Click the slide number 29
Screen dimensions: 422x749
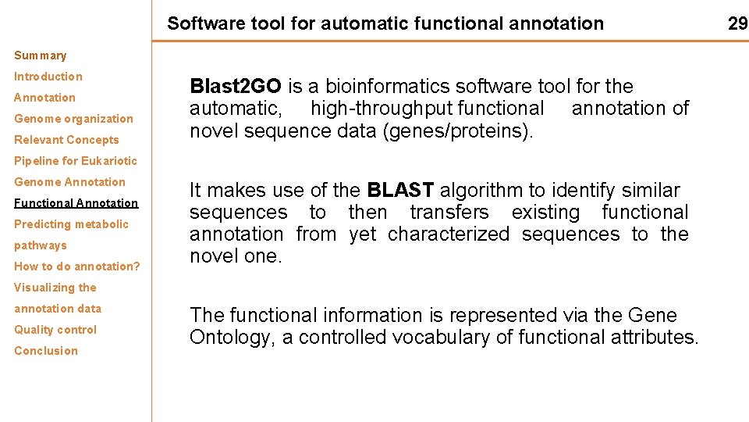coord(737,23)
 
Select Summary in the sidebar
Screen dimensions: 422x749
coord(40,55)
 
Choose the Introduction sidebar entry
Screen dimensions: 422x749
coord(48,77)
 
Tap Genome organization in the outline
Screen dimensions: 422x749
coord(73,119)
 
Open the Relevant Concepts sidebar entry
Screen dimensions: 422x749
coord(66,140)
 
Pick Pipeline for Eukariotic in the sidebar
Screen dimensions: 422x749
coord(75,161)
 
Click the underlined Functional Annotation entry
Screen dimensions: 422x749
coord(76,203)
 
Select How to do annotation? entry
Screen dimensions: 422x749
coord(77,266)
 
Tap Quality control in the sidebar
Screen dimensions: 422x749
coord(55,330)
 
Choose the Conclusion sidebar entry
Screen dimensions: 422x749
coord(46,351)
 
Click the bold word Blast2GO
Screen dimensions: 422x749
coord(236,86)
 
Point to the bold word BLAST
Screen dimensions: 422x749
coord(399,190)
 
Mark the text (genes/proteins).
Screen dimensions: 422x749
coord(458,131)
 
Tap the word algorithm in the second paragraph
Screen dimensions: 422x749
coord(478,190)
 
